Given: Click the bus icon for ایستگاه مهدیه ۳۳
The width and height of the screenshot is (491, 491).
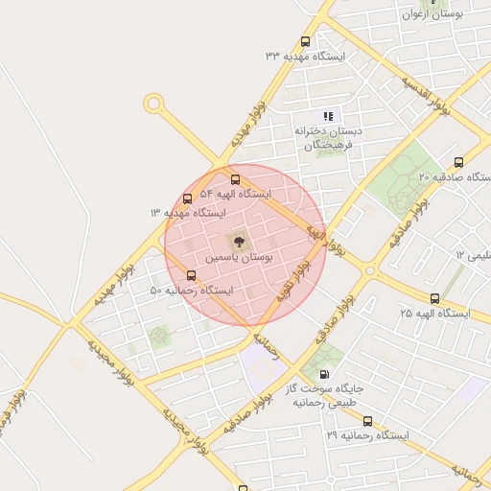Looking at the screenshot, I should [306, 41].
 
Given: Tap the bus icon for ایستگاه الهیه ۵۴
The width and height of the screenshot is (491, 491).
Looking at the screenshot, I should [236, 179].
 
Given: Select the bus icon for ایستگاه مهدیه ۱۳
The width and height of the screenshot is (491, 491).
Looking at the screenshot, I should [187, 199].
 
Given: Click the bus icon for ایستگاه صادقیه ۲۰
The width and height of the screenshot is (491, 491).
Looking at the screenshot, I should [458, 162].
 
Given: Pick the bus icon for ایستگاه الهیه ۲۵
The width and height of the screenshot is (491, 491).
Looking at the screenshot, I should [435, 298].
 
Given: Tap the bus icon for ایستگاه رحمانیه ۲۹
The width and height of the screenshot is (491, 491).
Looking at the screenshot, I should [368, 421].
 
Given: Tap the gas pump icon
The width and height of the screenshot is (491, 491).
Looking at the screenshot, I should [324, 375].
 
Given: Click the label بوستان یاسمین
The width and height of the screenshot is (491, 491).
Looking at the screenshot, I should [240, 259].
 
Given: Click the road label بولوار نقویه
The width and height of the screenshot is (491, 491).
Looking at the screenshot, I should [293, 282].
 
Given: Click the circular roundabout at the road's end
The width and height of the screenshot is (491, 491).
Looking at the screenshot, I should [152, 104].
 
